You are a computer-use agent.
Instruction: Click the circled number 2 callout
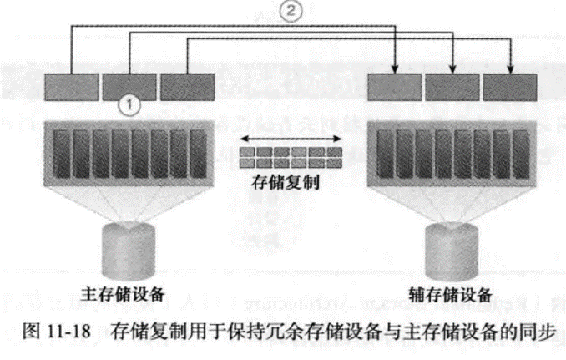point(290,13)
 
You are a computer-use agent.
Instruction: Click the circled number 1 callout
point(130,106)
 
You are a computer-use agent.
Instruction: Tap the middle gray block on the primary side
point(129,85)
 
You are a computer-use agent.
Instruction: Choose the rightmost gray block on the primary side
point(186,85)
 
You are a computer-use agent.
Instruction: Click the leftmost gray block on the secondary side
point(393,85)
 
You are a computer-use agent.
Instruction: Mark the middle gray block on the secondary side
point(452,85)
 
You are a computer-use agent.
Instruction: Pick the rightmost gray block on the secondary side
point(510,85)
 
